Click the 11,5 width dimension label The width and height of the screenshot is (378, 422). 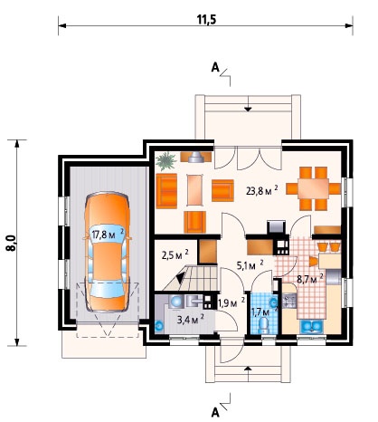pos(206,19)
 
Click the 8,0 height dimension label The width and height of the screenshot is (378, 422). pos(12,243)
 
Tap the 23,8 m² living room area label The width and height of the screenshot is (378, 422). pos(262,190)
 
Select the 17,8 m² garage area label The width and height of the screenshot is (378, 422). pos(108,234)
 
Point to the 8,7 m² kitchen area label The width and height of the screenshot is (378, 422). pos(310,278)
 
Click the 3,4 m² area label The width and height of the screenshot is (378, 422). pos(191,320)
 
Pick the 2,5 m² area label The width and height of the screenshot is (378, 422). pos(175,254)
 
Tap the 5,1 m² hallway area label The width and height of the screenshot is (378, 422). pos(250,265)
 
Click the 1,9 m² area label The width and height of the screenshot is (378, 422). pos(232,302)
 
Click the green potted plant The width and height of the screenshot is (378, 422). pos(165,161)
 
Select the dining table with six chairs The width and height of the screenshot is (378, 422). pos(313,188)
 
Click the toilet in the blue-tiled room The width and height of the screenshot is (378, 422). pos(263,326)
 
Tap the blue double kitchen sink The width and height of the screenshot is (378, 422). pos(311,327)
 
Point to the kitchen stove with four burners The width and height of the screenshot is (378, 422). pos(289,301)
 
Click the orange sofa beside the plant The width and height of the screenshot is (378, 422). pos(166,191)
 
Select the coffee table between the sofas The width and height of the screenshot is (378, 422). pos(195,190)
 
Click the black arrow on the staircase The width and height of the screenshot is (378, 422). pos(182,277)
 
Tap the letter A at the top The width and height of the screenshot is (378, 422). pos(215,68)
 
